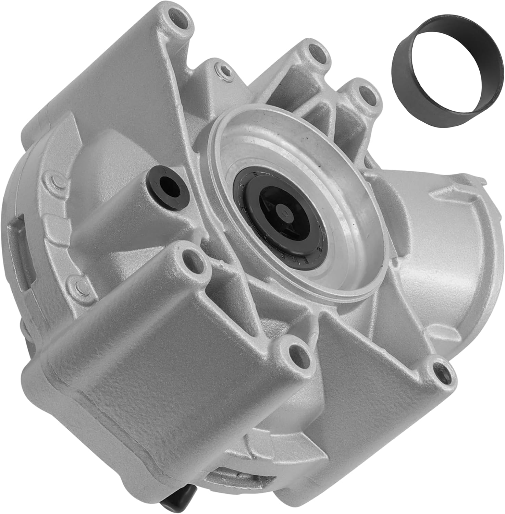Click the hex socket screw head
(x=223, y=72)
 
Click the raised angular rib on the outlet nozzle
(x=449, y=206)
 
